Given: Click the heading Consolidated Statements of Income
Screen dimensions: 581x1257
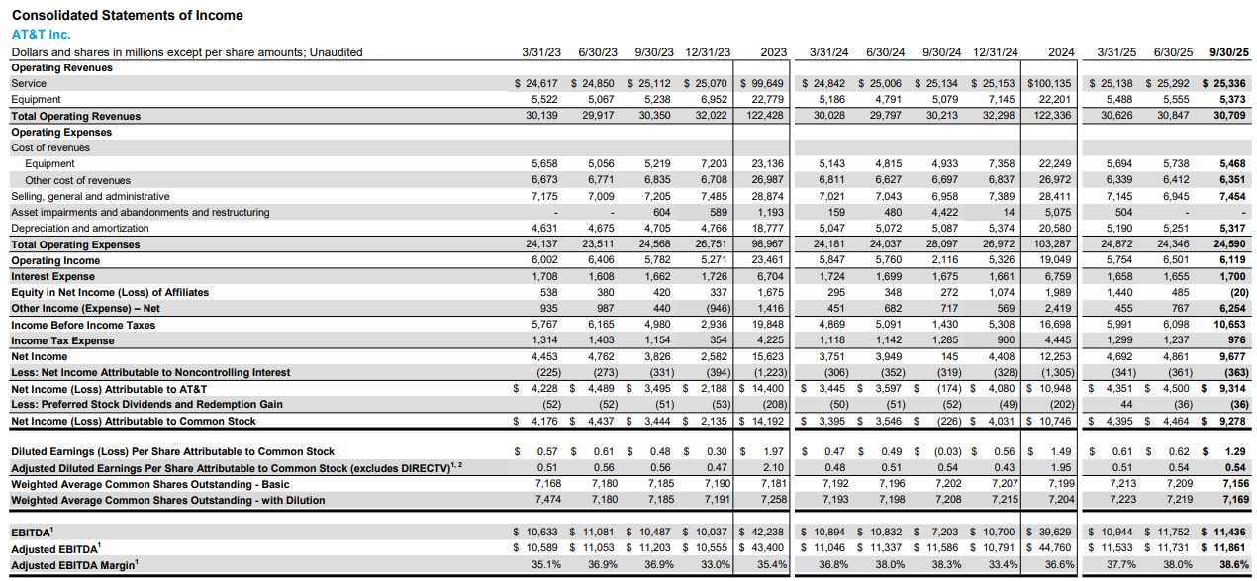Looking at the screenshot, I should [x=127, y=15].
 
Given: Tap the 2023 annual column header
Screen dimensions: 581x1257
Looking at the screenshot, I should [x=770, y=52].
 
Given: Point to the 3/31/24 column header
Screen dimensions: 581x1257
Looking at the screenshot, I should [x=829, y=52].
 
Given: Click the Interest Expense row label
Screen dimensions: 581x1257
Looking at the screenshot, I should [x=53, y=276].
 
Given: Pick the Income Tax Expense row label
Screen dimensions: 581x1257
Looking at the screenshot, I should [x=62, y=340].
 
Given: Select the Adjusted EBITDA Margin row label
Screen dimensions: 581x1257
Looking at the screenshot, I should [x=74, y=565].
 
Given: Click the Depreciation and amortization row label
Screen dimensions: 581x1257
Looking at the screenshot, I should [x=72, y=228].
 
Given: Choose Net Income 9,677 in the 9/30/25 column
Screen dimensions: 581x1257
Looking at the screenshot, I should [x=1232, y=356].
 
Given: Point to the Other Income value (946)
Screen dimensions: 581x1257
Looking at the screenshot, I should [x=715, y=309].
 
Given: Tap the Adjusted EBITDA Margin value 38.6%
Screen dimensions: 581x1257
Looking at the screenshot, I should [x=1232, y=565].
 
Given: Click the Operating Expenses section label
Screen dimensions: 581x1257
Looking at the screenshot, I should [x=61, y=132].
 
